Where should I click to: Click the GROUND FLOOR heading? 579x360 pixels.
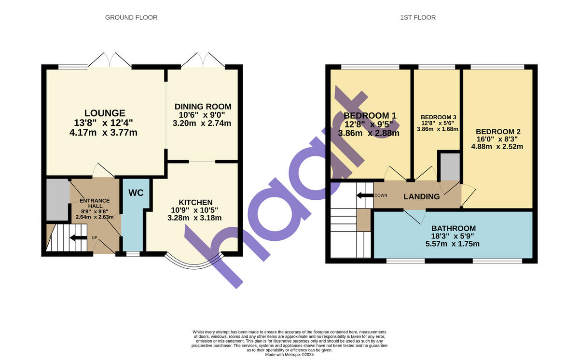point(131,18)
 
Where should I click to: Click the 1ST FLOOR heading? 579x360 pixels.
point(418,18)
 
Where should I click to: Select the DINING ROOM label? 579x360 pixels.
point(203,107)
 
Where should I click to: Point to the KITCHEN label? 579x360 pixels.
point(195,202)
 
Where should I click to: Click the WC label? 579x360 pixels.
point(136,193)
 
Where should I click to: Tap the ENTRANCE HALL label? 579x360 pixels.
point(95,204)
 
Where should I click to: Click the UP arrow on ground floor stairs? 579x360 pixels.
point(77,237)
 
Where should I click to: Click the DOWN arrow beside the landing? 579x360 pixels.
point(364,195)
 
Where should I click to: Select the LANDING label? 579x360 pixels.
point(422,196)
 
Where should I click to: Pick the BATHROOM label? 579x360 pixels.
point(454,228)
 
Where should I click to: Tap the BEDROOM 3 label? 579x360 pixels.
point(438,117)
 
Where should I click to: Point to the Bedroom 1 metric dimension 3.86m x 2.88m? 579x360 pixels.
point(369,133)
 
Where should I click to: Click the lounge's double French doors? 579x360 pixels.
point(110,60)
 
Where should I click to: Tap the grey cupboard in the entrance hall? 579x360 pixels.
point(57,200)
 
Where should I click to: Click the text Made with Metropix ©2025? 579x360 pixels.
point(289,354)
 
